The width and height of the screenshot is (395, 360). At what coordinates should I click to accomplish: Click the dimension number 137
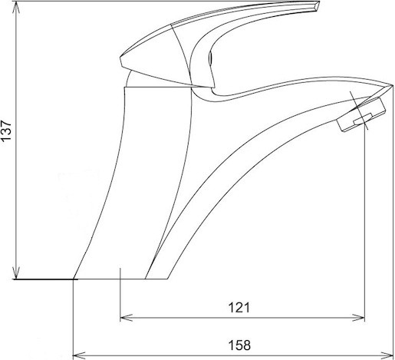(x=6, y=130)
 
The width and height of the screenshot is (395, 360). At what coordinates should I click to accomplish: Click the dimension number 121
(x=239, y=308)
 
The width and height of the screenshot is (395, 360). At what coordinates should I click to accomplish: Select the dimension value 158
(x=239, y=345)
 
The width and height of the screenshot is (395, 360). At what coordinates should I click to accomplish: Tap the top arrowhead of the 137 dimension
(x=17, y=8)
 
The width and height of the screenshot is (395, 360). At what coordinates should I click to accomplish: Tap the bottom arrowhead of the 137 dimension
(x=17, y=272)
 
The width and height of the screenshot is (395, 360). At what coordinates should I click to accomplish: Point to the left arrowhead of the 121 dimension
(x=127, y=318)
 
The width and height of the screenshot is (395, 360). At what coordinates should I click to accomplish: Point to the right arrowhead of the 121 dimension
(x=358, y=318)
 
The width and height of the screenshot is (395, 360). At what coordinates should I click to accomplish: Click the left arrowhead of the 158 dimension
(x=79, y=355)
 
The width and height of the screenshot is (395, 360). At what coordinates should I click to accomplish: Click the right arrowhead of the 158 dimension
(x=387, y=355)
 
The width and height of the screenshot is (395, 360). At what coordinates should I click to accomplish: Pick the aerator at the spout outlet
(x=361, y=115)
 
